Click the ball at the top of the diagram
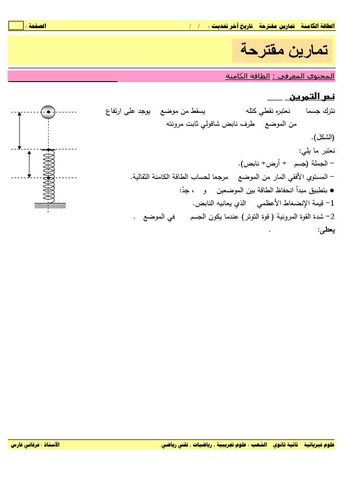point(48,112)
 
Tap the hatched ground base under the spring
point(50,205)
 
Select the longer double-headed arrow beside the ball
point(19,131)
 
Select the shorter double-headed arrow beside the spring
point(29,164)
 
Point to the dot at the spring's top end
point(48,150)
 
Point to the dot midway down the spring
point(48,178)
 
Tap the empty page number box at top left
point(16,26)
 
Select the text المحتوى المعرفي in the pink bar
point(312,75)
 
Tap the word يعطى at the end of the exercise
point(327,230)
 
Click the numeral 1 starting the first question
point(333,203)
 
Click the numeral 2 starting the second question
point(333,217)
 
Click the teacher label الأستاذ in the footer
point(49,444)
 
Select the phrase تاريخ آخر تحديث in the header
point(231,26)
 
